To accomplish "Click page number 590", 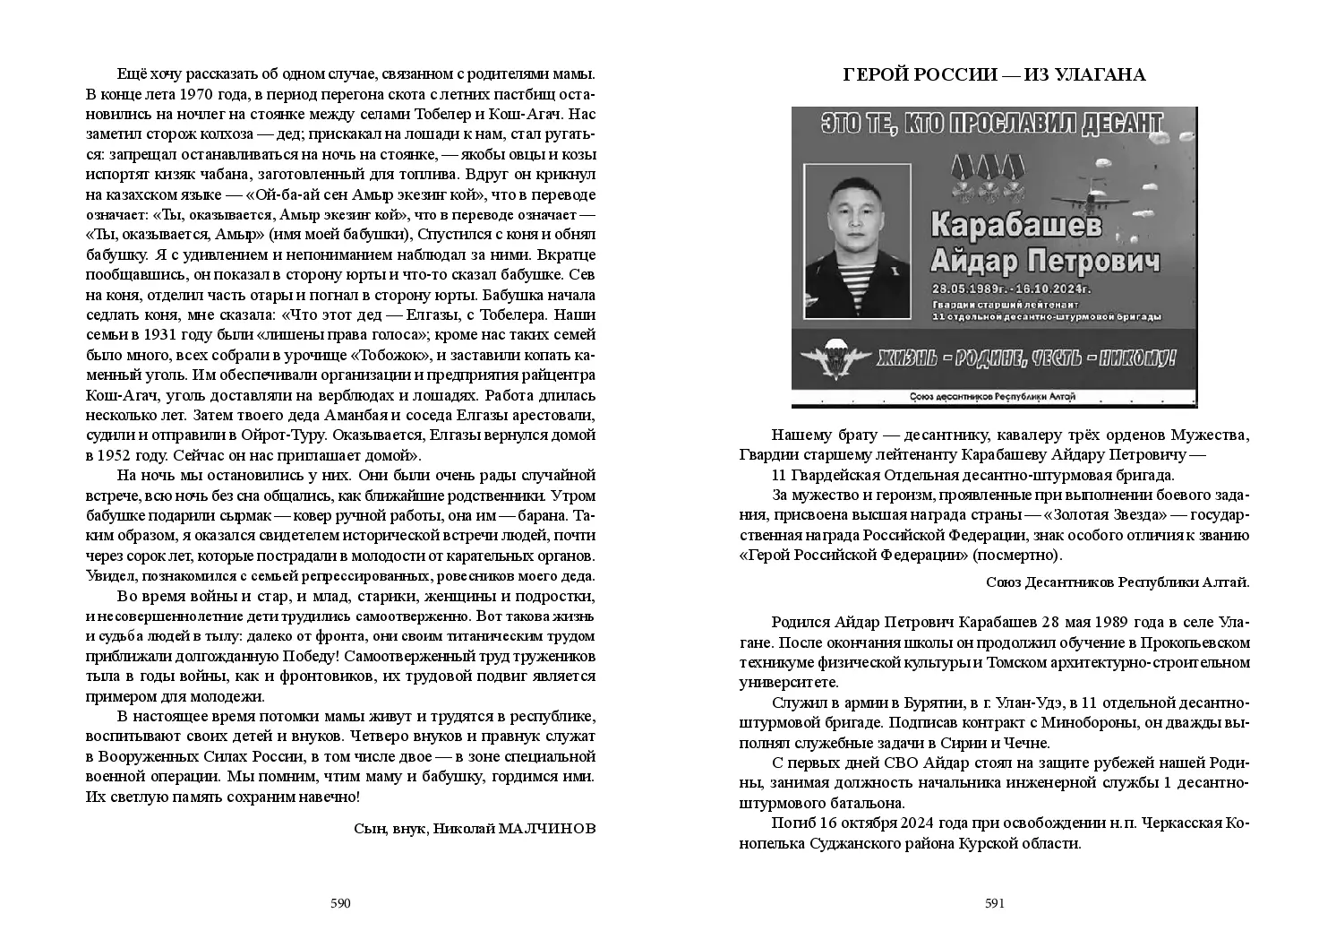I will coord(339,903).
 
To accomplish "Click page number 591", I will coord(995,903).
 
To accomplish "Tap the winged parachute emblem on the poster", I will coord(833,358).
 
